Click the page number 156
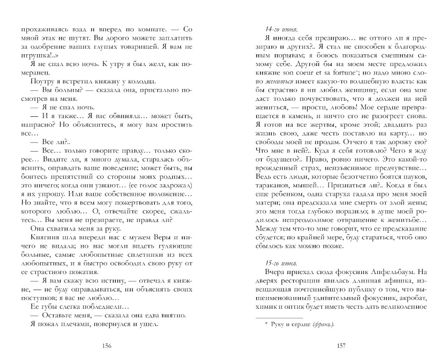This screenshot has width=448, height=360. [107, 346]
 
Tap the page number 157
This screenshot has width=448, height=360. [341, 346]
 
